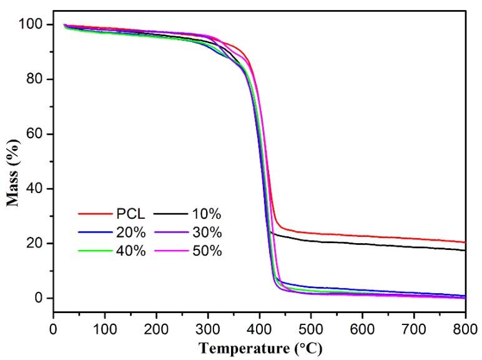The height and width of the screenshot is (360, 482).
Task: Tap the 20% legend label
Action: tap(130, 233)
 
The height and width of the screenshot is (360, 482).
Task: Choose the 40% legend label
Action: tap(130, 251)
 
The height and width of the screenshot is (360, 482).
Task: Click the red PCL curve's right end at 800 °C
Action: tap(465, 242)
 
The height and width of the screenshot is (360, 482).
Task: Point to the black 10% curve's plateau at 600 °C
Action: tap(362, 244)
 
